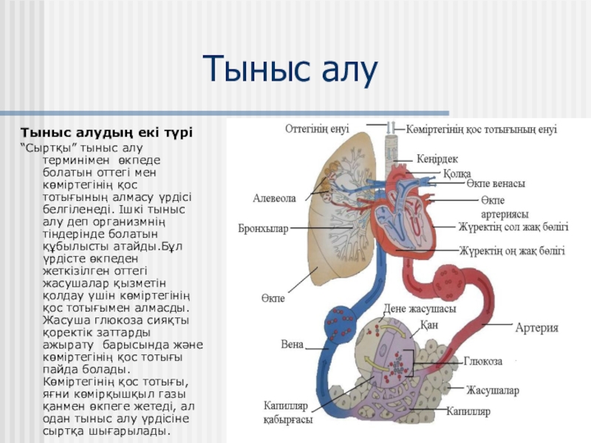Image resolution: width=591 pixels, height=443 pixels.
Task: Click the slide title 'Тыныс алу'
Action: tap(290, 70)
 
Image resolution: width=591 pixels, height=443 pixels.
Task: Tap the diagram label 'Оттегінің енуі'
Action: tap(317, 128)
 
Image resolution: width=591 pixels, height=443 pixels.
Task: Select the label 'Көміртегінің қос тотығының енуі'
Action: tap(481, 129)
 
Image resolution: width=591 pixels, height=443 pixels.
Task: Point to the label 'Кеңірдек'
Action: tap(437, 159)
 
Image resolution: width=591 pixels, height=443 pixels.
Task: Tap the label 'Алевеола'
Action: tap(274, 199)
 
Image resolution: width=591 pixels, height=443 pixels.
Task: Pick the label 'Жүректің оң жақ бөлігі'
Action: tap(511, 251)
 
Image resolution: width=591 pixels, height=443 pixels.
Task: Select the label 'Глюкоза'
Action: tap(484, 362)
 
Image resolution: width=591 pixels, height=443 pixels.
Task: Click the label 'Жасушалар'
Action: tap(492, 389)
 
